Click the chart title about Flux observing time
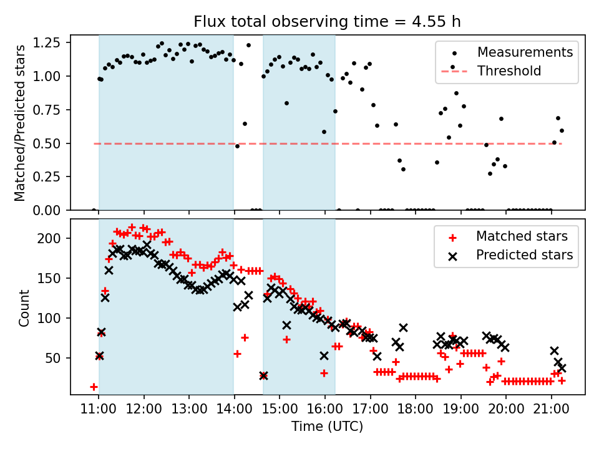click(328, 22)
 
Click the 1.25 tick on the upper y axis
click(51, 43)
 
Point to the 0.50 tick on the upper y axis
click(51, 143)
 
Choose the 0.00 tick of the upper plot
click(51, 210)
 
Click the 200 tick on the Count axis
click(56, 238)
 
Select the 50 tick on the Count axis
click(59, 358)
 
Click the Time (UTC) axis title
click(328, 427)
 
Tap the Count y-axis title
click(24, 307)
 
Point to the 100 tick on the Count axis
click(56, 318)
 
